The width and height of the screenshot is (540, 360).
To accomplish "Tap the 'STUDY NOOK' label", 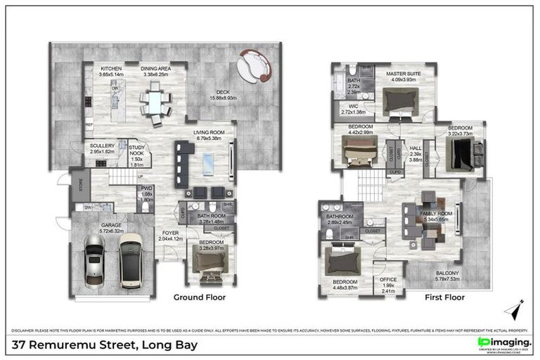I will [136, 148].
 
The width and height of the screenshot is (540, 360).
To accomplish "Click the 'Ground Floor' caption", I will [200, 297].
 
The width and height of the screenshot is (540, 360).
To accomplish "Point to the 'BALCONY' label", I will [446, 274].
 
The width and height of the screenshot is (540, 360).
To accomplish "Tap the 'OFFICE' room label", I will [388, 279].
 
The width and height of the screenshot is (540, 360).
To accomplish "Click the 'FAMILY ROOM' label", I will [434, 212].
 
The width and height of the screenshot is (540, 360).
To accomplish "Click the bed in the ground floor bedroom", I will [210, 264].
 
